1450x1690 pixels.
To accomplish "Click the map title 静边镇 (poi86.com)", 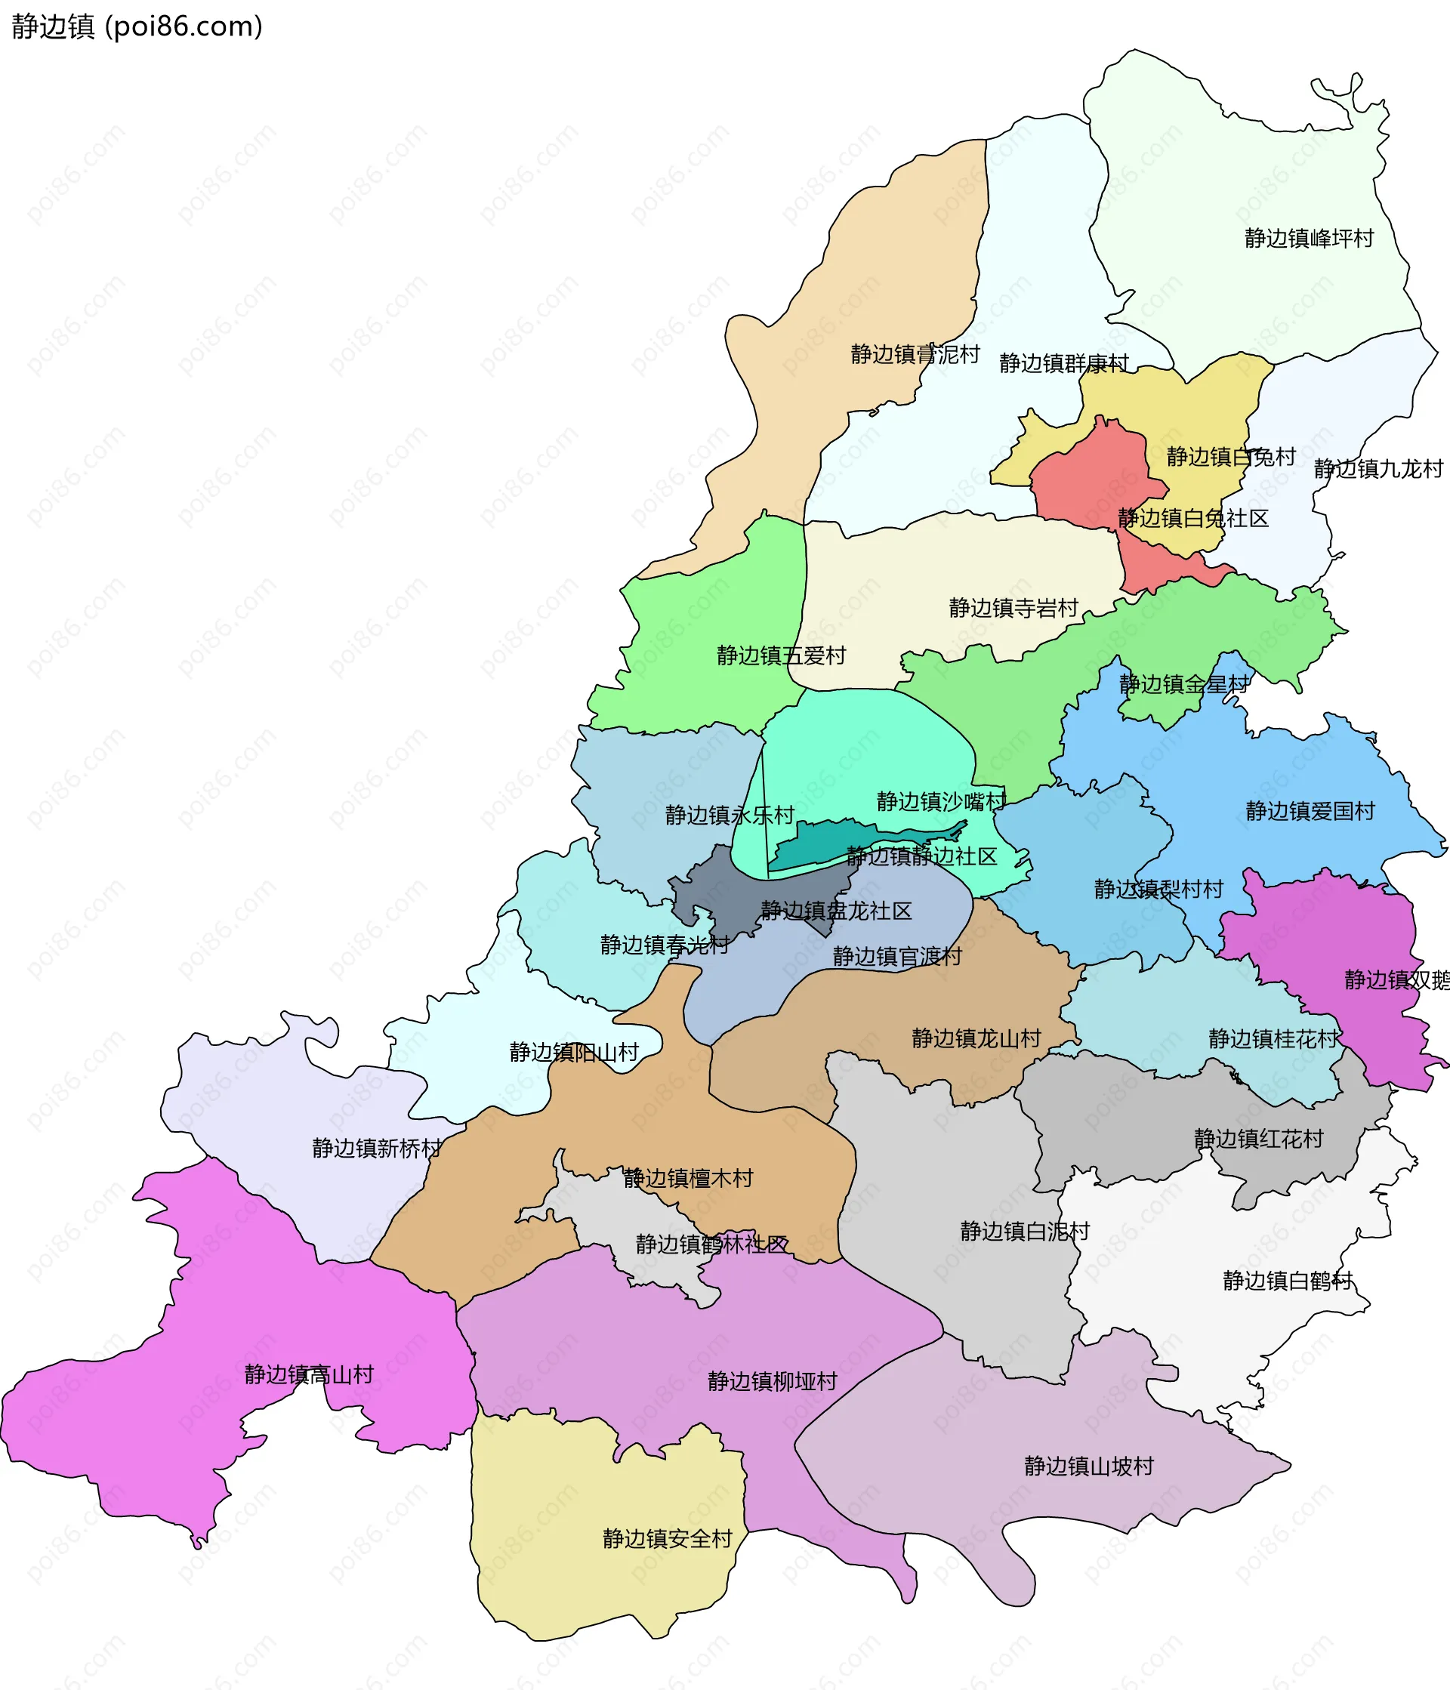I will pyautogui.click(x=137, y=27).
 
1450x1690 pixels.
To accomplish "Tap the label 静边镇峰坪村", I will pyautogui.click(x=1309, y=238).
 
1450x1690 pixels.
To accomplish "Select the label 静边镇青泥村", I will pyautogui.click(x=915, y=354).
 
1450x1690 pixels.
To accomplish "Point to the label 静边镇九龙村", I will pyautogui.click(x=1378, y=469).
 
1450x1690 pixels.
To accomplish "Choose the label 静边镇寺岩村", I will pyautogui.click(x=1013, y=608).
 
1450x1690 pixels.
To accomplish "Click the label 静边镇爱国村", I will pyautogui.click(x=1310, y=811).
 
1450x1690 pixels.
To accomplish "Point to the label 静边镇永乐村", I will pyautogui.click(x=729, y=815).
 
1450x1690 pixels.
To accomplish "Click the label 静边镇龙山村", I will pyautogui.click(x=976, y=1038).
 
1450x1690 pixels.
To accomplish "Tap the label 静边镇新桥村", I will pyautogui.click(x=376, y=1149).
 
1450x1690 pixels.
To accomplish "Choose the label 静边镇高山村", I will pyautogui.click(x=308, y=1374).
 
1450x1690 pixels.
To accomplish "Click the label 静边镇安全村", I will pyautogui.click(x=667, y=1538).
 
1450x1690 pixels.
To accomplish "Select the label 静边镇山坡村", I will pyautogui.click(x=1089, y=1466).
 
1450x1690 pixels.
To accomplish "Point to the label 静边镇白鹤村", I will pyautogui.click(x=1287, y=1281).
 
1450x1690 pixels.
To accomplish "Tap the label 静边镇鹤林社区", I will pyautogui.click(x=711, y=1244).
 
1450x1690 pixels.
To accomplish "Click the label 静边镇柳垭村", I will pyautogui.click(x=773, y=1381).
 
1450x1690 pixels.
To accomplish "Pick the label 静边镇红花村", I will pyautogui.click(x=1258, y=1139).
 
